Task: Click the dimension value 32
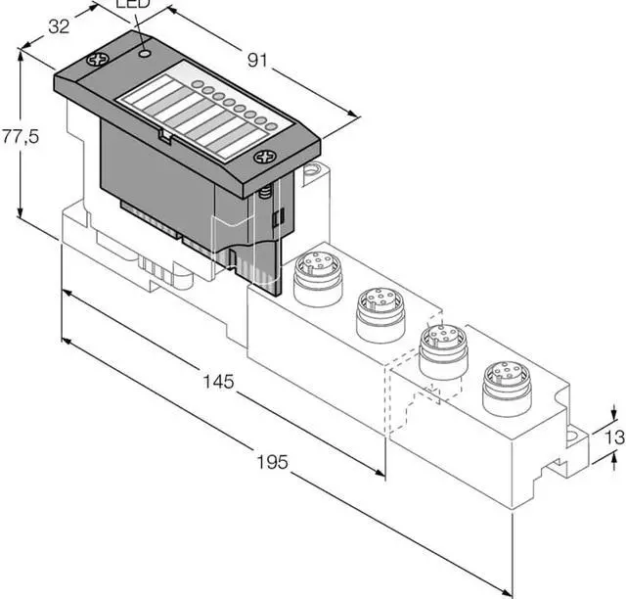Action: click(59, 26)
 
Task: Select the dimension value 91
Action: click(257, 60)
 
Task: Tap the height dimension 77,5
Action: click(20, 137)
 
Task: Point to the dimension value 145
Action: click(218, 381)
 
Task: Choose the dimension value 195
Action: click(272, 462)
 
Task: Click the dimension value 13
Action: click(615, 437)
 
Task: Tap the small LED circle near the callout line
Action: click(145, 53)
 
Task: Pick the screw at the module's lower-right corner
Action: click(265, 157)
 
